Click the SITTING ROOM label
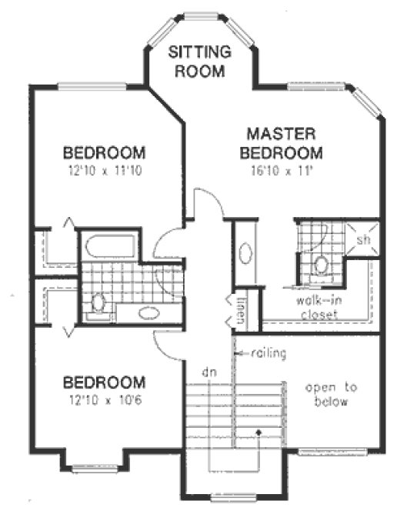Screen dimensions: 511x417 pos(200,62)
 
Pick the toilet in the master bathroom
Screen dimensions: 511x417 pos(321,266)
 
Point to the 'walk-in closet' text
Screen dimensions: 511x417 pos(309,309)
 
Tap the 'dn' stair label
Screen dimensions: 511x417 pos(206,371)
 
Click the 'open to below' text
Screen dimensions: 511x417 pos(326,395)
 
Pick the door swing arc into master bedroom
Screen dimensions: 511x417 pos(208,202)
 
